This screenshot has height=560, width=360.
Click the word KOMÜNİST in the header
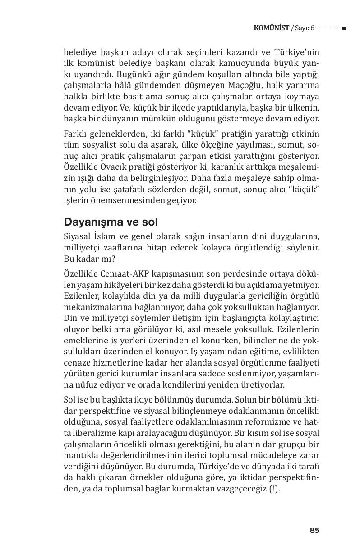click(x=271, y=28)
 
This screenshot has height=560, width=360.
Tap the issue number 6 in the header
click(x=312, y=28)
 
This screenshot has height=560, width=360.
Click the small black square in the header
click(x=344, y=28)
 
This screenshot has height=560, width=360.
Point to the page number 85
click(x=314, y=530)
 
